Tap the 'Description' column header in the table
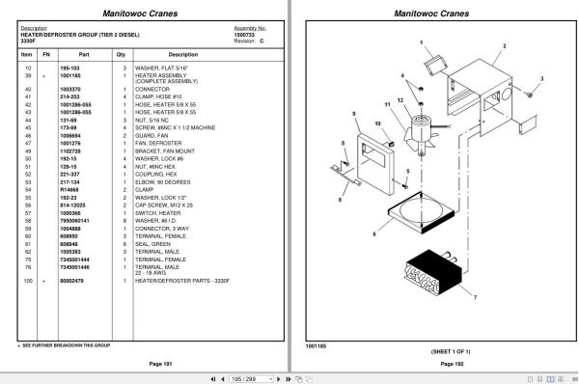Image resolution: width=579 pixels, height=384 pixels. point(182,55)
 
